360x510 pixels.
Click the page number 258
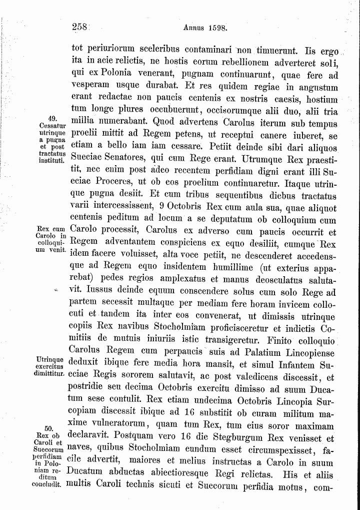[80, 28]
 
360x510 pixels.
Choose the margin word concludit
[50, 484]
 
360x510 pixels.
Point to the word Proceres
[116, 181]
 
